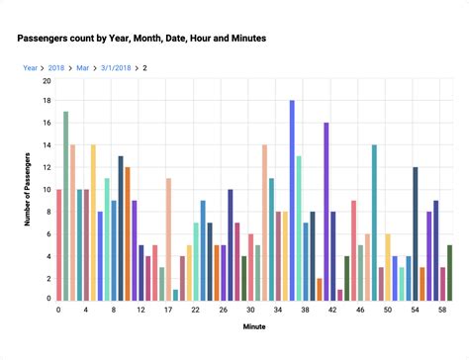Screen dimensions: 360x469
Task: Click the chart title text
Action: [x=141, y=38]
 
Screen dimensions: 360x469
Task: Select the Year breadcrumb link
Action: [x=31, y=68]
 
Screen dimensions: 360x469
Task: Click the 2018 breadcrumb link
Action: [x=55, y=68]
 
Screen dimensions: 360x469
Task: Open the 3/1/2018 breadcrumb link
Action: [x=116, y=68]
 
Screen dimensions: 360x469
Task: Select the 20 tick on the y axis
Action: [x=46, y=80]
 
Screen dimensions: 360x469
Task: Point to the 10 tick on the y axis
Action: [x=46, y=190]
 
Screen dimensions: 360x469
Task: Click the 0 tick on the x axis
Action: [x=58, y=310]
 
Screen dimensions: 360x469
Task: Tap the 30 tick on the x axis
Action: [x=250, y=310]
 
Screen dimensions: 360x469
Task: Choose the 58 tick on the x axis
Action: [x=442, y=310]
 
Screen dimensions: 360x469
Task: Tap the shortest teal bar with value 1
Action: [x=175, y=294]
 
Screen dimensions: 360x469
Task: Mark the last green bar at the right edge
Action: [x=449, y=272]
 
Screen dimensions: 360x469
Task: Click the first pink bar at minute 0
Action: [x=59, y=244]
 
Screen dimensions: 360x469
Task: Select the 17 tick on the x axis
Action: [x=168, y=310]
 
